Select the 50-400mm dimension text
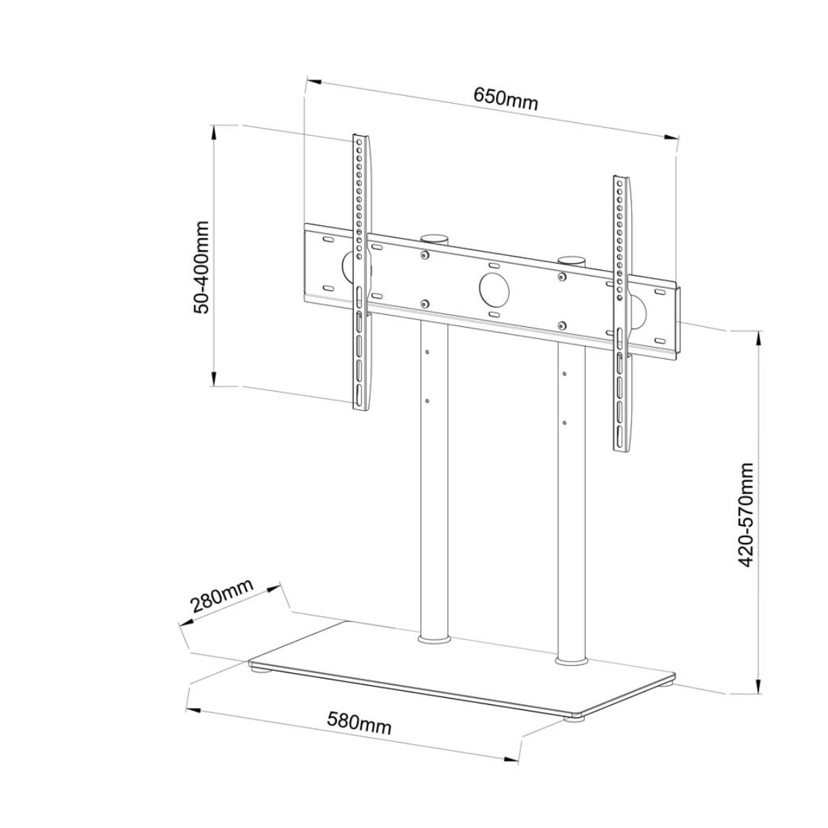point(202,267)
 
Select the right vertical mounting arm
point(621,313)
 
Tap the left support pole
point(434,480)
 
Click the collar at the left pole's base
point(434,640)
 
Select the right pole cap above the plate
point(572,261)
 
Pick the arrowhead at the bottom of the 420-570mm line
point(759,685)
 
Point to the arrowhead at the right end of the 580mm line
point(510,759)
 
